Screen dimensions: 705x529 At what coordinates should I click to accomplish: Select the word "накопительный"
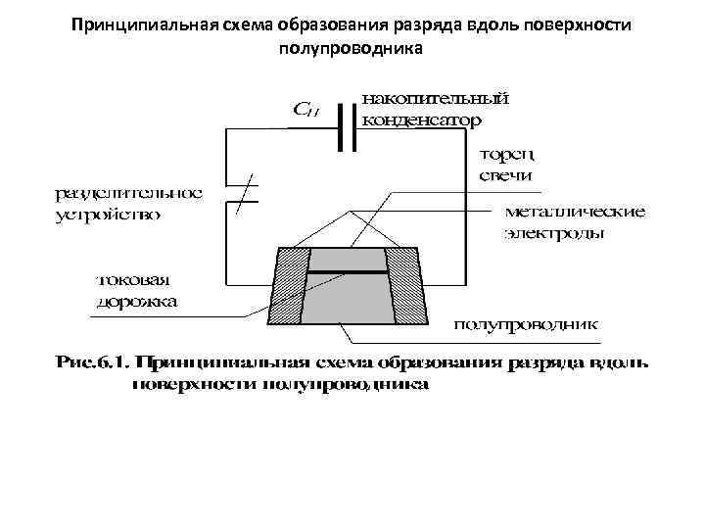436,98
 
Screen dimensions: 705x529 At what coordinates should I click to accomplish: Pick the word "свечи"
505,175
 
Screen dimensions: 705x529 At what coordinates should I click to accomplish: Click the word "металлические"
574,211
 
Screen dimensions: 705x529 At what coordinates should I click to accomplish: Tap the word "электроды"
554,233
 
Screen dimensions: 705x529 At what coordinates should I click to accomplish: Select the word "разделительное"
127,192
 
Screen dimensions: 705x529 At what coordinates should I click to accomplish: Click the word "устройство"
109,214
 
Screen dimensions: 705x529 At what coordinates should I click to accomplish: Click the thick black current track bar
348,270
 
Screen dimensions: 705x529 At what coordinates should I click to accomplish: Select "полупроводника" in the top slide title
352,47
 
